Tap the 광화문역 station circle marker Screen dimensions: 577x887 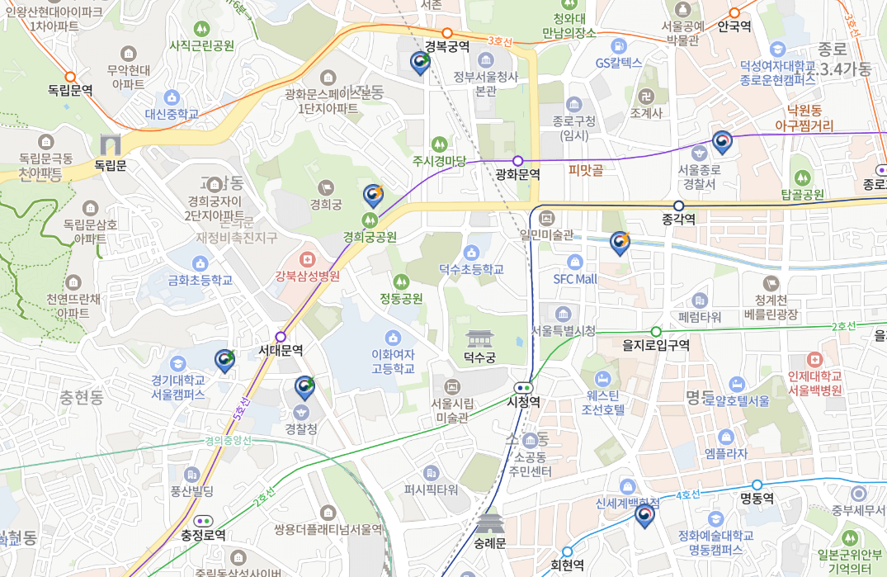click(x=518, y=161)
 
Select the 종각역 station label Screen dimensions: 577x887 click(x=678, y=220)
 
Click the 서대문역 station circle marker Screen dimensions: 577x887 click(x=281, y=337)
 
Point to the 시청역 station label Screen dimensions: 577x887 click(x=523, y=402)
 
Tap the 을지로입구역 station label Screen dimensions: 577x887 click(x=656, y=345)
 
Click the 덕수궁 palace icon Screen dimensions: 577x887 click(x=479, y=338)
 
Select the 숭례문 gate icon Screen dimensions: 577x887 click(x=489, y=523)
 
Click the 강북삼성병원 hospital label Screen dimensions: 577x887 click(x=308, y=277)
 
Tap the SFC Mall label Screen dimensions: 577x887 click(x=574, y=279)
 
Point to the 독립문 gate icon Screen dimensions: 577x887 click(x=110, y=144)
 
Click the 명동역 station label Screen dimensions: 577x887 click(x=757, y=499)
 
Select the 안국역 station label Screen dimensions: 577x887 click(x=734, y=26)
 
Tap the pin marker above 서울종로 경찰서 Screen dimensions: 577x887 click(x=722, y=143)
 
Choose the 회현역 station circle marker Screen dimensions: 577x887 click(x=567, y=551)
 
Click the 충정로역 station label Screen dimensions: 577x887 click(x=203, y=535)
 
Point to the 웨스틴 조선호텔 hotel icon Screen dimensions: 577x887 click(x=602, y=379)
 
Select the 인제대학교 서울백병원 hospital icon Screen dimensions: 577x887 click(x=815, y=360)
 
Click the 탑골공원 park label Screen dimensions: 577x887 click(x=802, y=195)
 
